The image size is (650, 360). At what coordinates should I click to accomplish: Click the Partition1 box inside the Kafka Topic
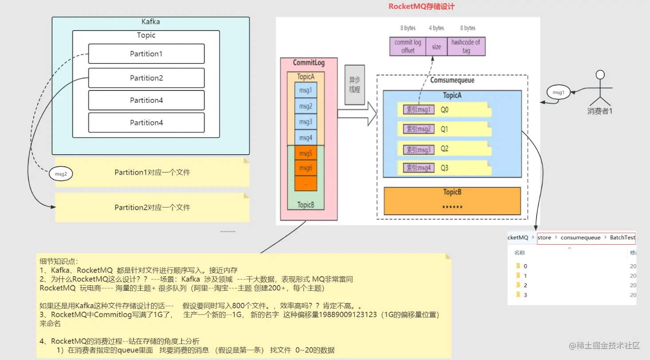pos(146,54)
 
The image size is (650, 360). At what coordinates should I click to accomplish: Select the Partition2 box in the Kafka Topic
pos(146,78)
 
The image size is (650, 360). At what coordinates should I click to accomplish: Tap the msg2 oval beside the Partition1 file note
pos(61,174)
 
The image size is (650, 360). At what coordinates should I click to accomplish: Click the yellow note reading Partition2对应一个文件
pos(152,207)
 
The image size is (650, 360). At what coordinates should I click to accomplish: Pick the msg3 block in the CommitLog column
pos(306,122)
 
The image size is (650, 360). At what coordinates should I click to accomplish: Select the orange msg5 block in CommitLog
pos(306,154)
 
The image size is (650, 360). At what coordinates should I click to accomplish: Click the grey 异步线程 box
pos(355,85)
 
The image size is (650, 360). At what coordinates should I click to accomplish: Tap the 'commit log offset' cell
pos(407,47)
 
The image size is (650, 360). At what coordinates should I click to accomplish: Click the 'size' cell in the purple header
pos(436,47)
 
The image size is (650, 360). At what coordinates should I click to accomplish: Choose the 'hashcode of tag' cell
pos(465,47)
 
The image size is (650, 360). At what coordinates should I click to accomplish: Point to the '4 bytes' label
pos(436,28)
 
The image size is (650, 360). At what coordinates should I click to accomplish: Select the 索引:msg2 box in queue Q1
pos(418,129)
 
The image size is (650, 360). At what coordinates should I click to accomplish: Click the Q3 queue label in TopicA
pos(444,168)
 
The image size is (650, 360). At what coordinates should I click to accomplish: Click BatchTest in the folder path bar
pos(622,238)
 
